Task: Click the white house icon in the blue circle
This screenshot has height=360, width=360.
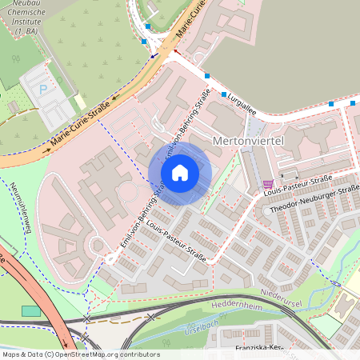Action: [180, 173]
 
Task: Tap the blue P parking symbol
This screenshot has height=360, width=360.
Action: [42, 90]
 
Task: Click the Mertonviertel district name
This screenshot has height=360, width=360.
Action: [250, 141]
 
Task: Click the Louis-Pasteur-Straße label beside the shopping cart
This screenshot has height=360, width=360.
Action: [309, 181]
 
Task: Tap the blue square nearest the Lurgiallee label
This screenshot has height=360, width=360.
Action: [223, 94]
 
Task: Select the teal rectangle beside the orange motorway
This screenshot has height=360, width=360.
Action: [30, 310]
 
